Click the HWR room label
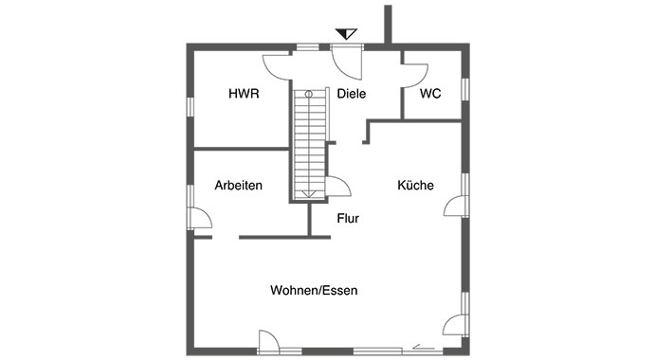(244, 94)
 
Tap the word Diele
(351, 94)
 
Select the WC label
(430, 94)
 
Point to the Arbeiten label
(238, 186)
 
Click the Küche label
(415, 186)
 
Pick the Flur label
(348, 218)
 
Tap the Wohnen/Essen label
(314, 291)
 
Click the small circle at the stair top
(309, 94)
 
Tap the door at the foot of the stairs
(337, 188)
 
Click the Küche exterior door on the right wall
(455, 206)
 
